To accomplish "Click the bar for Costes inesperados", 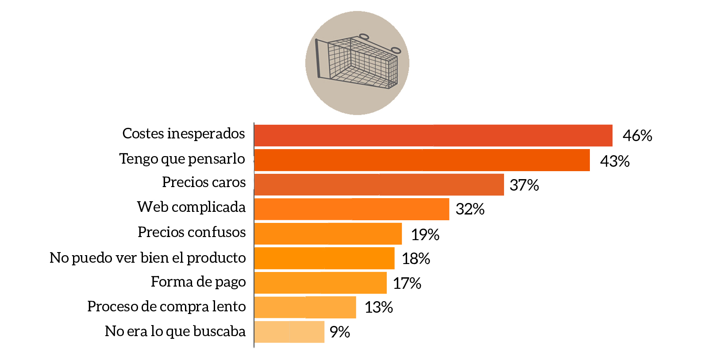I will pyautogui.click(x=433, y=135).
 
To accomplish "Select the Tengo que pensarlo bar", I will pyautogui.click(x=422, y=160).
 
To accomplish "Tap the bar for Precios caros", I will pyautogui.click(x=379, y=184).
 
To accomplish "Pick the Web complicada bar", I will pyautogui.click(x=352, y=209).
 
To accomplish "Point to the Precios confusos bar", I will pyautogui.click(x=328, y=234).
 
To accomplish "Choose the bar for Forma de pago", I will pyautogui.click(x=320, y=283).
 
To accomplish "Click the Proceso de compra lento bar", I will pyautogui.click(x=305, y=307).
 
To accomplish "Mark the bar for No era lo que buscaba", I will pyautogui.click(x=289, y=332).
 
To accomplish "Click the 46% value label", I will pyautogui.click(x=637, y=135).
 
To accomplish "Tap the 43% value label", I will pyautogui.click(x=615, y=161).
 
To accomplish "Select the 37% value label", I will pyautogui.click(x=524, y=185).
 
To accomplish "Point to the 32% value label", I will pyautogui.click(x=470, y=209).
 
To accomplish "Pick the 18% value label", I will pyautogui.click(x=416, y=258).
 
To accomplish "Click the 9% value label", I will pyautogui.click(x=340, y=332).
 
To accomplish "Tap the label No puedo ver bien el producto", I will pyautogui.click(x=147, y=258).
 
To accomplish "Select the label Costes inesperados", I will pyautogui.click(x=183, y=134).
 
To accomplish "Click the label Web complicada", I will pyautogui.click(x=191, y=207).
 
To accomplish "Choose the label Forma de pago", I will pyautogui.click(x=198, y=282).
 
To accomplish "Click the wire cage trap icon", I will pyautogui.click(x=357, y=63).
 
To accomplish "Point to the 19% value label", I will pyautogui.click(x=425, y=234).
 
